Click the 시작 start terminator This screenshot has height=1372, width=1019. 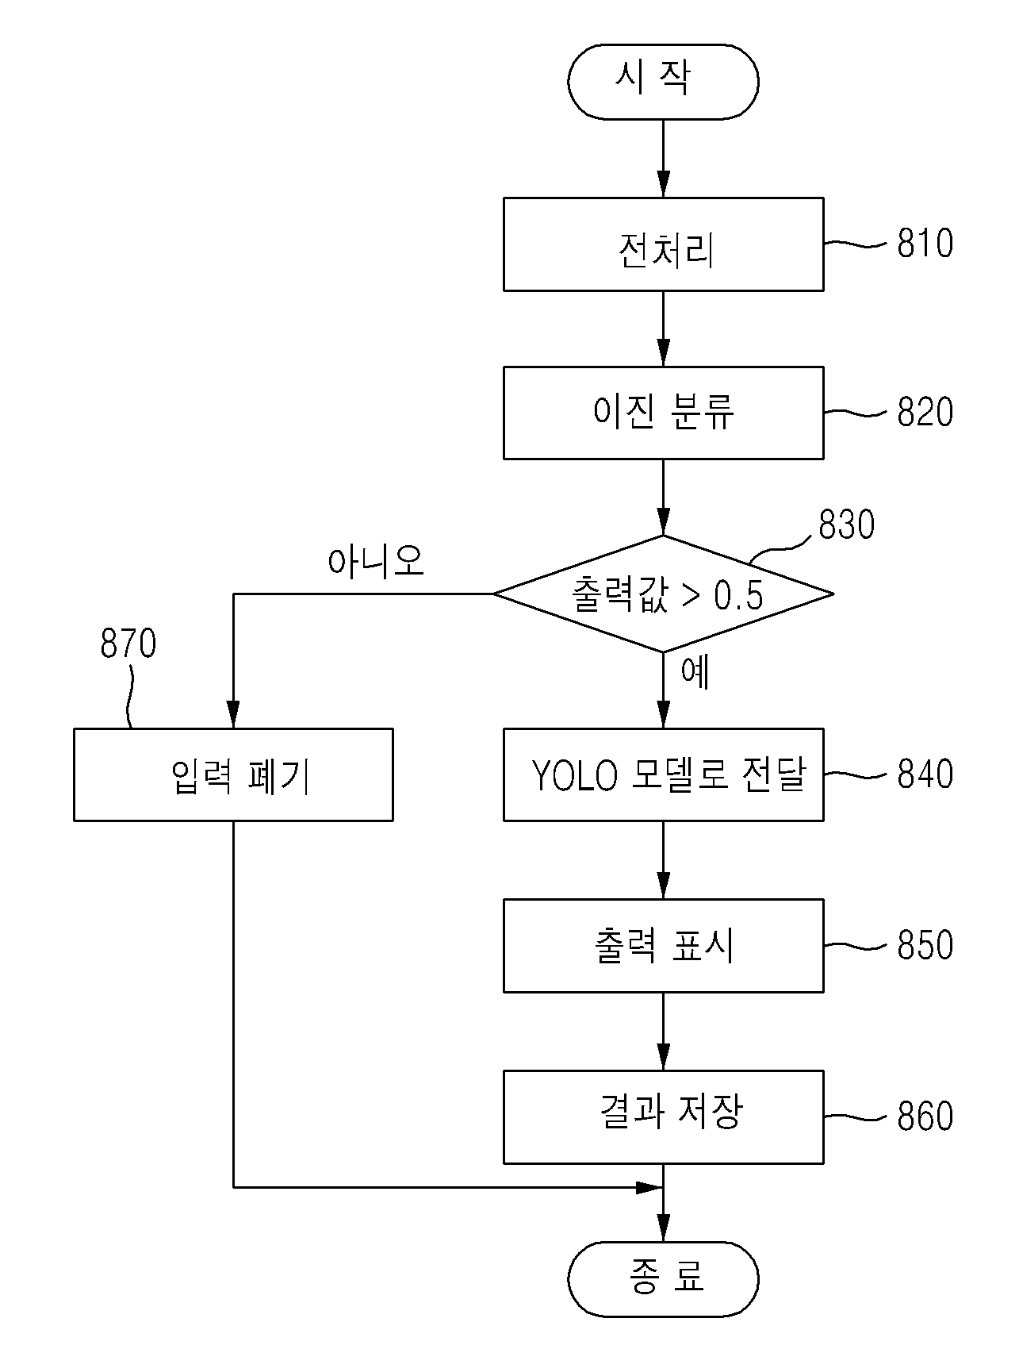click(663, 82)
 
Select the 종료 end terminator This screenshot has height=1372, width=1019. click(663, 1279)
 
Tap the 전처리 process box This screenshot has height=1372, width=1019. click(663, 244)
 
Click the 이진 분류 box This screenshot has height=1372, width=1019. click(663, 413)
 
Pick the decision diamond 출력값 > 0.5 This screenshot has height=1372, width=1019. click(663, 594)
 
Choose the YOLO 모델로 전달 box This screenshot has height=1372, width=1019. click(663, 774)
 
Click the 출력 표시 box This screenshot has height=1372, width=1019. click(663, 946)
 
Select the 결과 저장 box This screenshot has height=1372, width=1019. click(663, 1117)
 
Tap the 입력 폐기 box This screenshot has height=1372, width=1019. click(233, 774)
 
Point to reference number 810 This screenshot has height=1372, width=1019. click(925, 244)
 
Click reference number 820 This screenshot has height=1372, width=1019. click(925, 413)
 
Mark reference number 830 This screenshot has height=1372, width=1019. click(846, 525)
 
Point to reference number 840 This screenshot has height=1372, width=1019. click(925, 774)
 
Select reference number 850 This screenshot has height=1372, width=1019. click(925, 945)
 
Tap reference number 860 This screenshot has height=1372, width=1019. click(925, 1116)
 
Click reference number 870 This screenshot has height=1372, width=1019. click(128, 644)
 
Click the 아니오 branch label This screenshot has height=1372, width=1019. click(376, 561)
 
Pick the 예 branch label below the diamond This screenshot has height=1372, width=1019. click(695, 672)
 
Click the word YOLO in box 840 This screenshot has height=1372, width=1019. click(574, 776)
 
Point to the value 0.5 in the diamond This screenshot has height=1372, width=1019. click(738, 596)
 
